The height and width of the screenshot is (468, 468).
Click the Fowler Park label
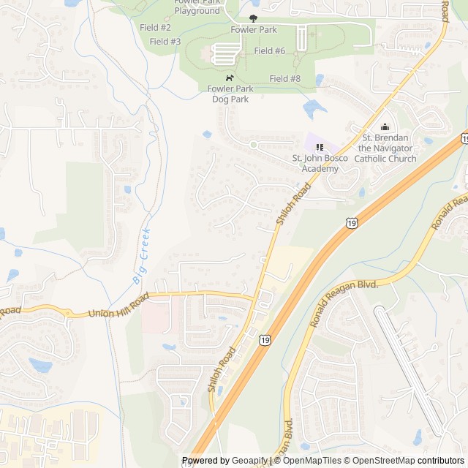(254, 30)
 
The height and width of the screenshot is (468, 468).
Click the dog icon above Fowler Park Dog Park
(230, 78)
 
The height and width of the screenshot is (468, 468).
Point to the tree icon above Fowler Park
(254, 18)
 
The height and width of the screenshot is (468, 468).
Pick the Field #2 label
(155, 27)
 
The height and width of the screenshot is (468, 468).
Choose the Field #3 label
(165, 42)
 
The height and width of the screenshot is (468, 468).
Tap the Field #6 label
(270, 51)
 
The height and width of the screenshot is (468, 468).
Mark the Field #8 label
(285, 78)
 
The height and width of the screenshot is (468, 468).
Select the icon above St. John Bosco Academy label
(320, 147)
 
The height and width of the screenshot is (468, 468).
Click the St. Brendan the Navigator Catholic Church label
(385, 148)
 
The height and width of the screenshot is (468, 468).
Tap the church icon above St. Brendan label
(385, 127)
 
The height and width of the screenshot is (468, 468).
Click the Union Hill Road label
(118, 305)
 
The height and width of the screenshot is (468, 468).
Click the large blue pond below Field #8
(314, 109)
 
